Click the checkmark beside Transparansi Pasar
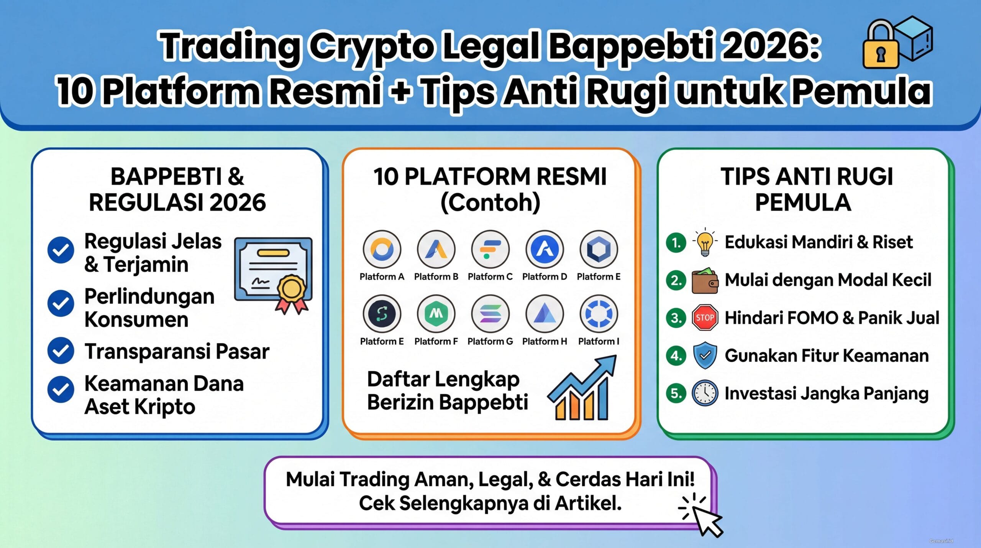coord(61,351)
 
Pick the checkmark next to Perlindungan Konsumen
coord(61,303)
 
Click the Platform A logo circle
coord(382,249)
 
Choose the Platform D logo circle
coord(545,249)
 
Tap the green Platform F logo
coord(436,314)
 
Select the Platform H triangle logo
coord(545,314)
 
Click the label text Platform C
coord(490,276)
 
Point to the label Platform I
coord(599,341)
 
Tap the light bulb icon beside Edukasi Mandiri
coord(704,242)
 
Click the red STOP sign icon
coord(705,318)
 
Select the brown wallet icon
coord(705,280)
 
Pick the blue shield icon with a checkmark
coord(705,355)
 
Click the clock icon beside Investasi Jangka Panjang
coord(705,393)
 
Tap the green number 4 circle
coord(676,355)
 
